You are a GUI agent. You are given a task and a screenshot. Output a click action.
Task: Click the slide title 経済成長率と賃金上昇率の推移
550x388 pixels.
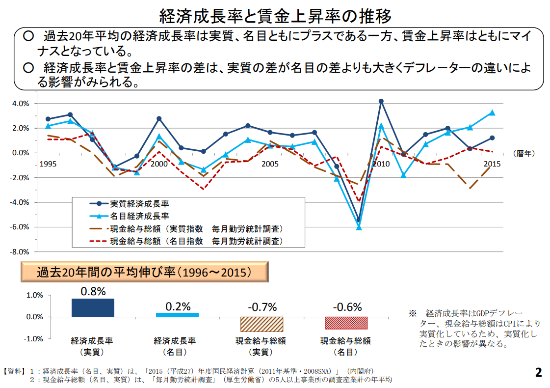coord(275,16)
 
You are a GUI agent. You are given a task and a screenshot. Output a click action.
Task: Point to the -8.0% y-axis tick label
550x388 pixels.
coord(21,252)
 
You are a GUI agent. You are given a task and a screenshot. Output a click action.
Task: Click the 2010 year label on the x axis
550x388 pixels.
coord(381,164)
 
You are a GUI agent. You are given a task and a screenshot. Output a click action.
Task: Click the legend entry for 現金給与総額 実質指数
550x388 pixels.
coord(196,229)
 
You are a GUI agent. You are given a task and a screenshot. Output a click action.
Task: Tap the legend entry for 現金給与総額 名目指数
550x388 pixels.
coord(196,241)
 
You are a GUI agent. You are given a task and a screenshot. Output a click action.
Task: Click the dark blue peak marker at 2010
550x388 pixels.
coord(381,101)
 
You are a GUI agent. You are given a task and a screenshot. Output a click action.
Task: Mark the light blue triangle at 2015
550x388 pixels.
coord(492,112)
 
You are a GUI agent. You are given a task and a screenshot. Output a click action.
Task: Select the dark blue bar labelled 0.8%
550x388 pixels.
coord(93,308)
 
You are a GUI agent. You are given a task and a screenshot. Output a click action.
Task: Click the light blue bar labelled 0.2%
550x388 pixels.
coord(178,315)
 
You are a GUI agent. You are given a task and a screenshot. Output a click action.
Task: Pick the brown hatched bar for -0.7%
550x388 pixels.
coord(262,324)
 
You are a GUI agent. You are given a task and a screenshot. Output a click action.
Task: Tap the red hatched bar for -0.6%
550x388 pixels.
coord(346,323)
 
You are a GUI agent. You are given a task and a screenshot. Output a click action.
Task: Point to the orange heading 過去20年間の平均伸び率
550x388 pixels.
coord(145,272)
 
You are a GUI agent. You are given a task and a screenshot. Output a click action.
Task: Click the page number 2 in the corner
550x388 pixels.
coord(539,372)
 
